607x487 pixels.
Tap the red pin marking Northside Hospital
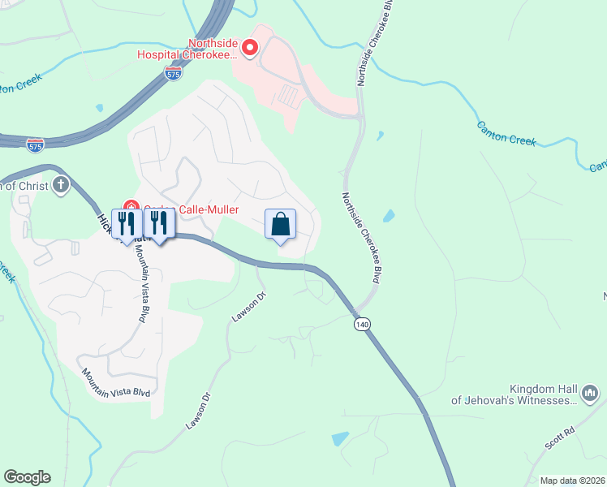250,50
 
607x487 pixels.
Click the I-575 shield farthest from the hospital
35,145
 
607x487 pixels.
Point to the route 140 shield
362,324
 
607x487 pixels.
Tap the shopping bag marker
280,224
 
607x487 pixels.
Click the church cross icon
61,186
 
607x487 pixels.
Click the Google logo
27,477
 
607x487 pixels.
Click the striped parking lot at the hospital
289,96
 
